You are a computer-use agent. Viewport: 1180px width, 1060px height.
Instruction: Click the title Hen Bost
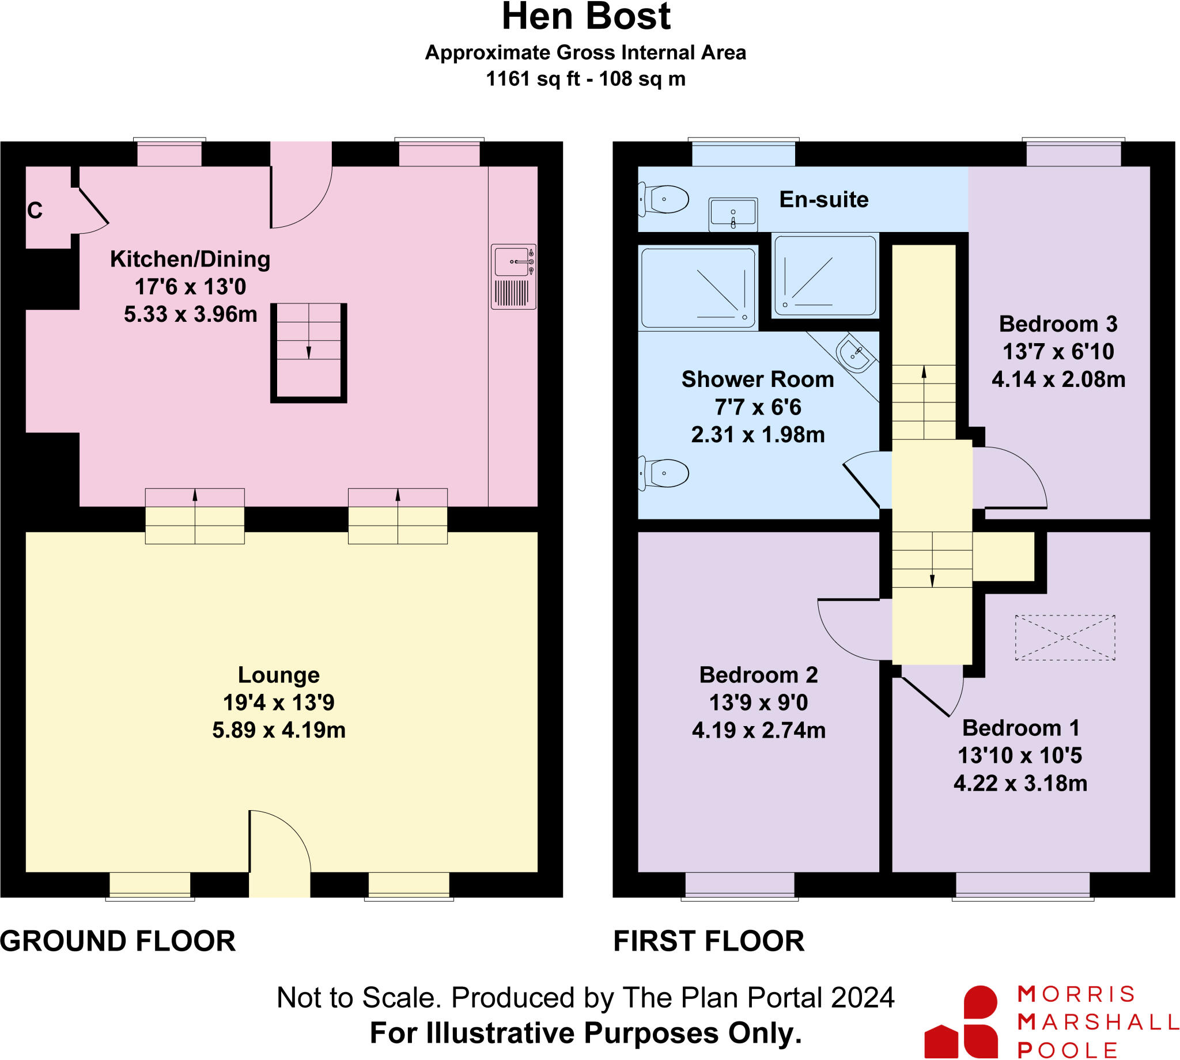[585, 17]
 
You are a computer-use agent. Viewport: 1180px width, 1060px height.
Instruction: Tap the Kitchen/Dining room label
[190, 259]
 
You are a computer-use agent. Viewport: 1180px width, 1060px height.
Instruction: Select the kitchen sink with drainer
[513, 276]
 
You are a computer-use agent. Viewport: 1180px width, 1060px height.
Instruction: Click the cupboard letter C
[35, 210]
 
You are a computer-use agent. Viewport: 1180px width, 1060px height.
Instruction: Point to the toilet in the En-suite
[664, 200]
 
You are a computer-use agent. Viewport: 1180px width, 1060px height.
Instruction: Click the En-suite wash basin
[732, 214]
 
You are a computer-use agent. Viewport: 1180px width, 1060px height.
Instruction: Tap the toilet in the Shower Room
[664, 473]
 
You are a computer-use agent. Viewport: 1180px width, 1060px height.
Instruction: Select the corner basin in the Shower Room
[854, 353]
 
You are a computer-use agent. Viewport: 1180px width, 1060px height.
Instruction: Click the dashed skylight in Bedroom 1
[1065, 637]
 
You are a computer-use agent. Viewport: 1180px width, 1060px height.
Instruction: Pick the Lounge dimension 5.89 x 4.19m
[278, 730]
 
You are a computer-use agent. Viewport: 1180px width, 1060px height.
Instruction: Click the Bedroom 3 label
[1058, 324]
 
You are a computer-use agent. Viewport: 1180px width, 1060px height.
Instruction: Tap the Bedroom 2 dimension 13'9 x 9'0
[758, 702]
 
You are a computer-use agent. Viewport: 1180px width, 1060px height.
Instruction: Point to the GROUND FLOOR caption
[118, 941]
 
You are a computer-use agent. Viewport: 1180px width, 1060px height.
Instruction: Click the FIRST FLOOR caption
[708, 941]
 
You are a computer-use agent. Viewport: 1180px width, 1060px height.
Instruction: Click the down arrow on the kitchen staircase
[308, 352]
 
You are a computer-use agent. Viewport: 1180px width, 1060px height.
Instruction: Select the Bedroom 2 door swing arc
[852, 632]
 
